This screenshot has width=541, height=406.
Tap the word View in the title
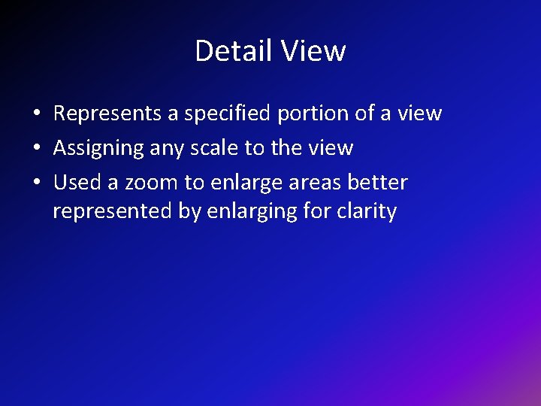point(313,51)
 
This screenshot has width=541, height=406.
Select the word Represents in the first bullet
point(107,114)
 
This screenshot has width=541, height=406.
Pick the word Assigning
point(98,148)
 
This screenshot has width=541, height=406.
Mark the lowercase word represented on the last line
point(113,212)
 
